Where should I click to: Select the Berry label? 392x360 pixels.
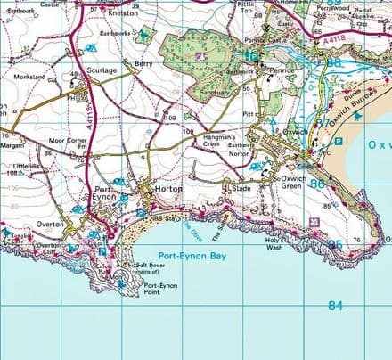pyautogui.click(x=143, y=64)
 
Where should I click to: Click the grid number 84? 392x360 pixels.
pyautogui.click(x=334, y=306)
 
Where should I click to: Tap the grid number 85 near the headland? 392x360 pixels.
pyautogui.click(x=334, y=244)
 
